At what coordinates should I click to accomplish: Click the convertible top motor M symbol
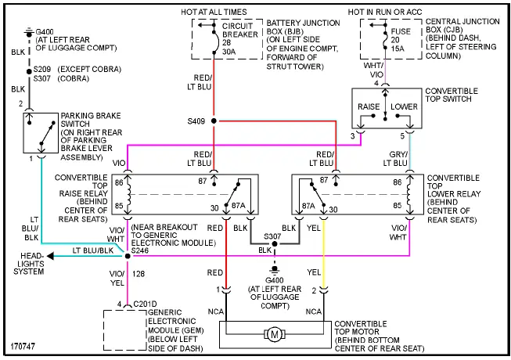(x=274, y=335)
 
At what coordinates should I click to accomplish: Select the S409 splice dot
(x=213, y=121)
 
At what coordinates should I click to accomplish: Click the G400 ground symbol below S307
(x=274, y=275)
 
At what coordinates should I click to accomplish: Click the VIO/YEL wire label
(x=117, y=279)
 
